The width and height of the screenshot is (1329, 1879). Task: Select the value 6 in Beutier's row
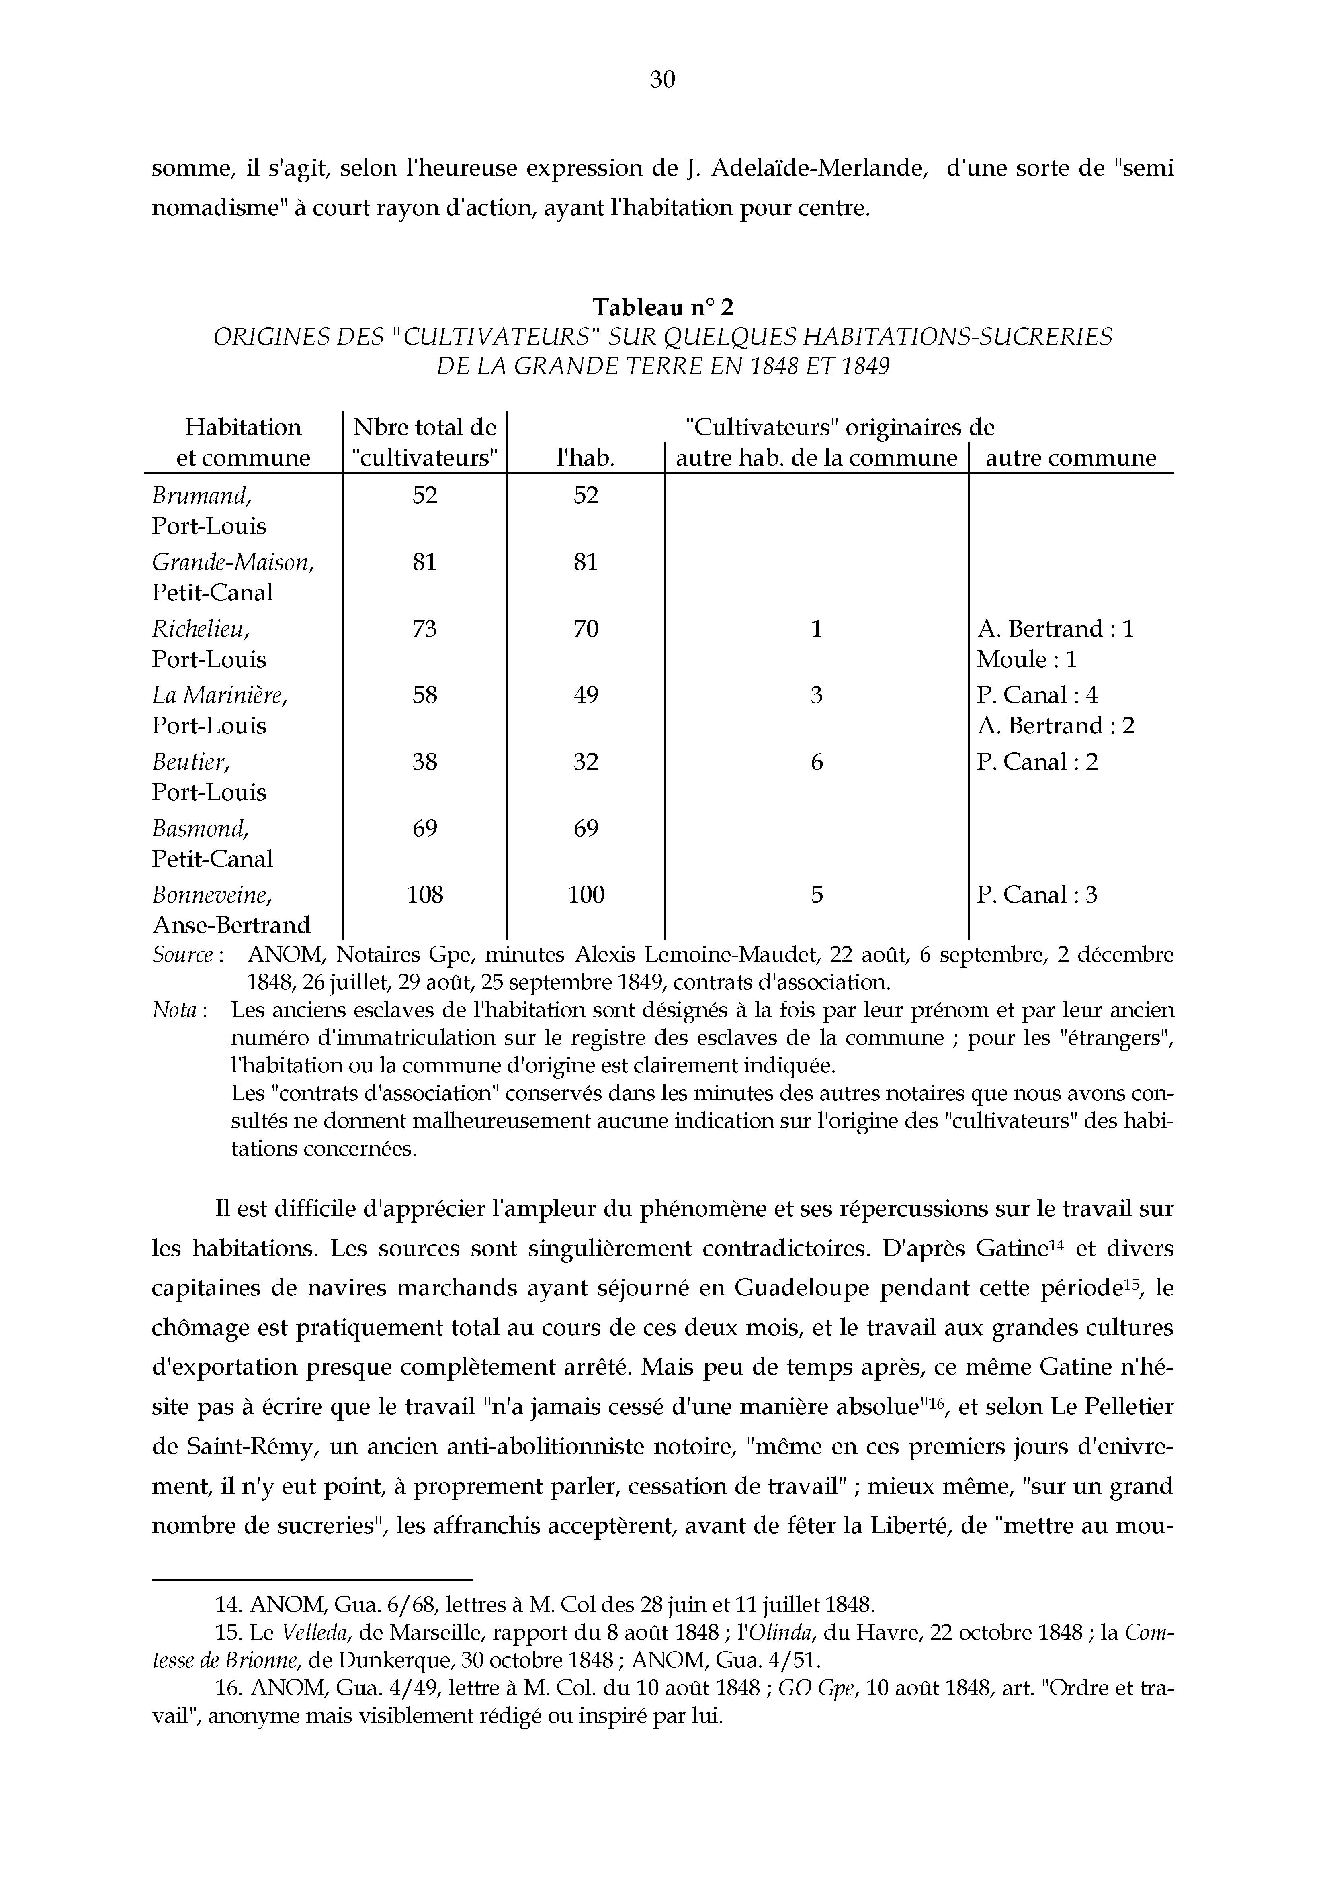coord(816,762)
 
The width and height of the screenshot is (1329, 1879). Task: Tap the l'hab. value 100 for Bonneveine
coord(586,895)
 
